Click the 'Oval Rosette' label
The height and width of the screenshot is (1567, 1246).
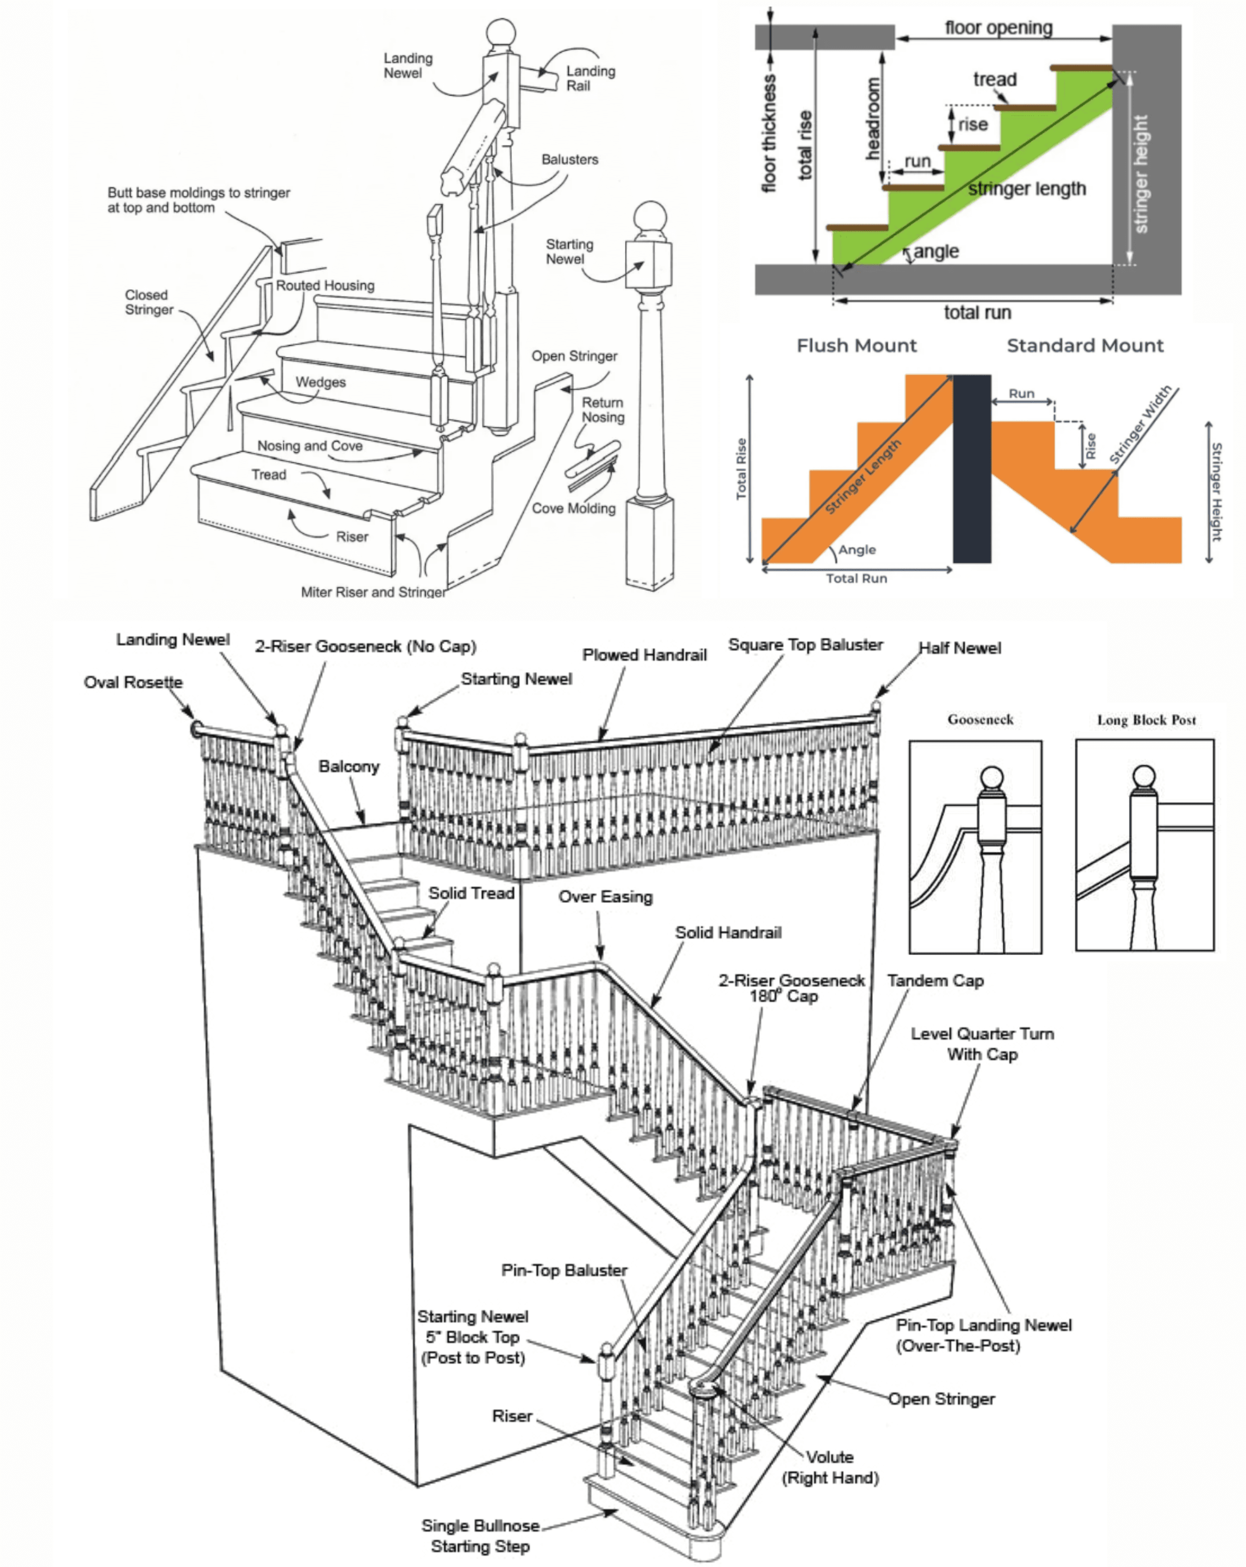133,682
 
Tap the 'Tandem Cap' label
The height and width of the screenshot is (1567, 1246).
935,981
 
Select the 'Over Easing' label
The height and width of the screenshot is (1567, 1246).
605,897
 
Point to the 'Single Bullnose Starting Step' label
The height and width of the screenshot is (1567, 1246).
480,1535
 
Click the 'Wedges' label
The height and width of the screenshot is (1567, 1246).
320,382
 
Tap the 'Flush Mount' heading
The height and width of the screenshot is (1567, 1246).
857,346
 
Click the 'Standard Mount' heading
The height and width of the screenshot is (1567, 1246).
1085,346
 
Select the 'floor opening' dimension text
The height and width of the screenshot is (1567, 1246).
998,28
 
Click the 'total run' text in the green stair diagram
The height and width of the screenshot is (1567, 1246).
977,313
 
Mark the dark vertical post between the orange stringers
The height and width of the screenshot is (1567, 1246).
971,469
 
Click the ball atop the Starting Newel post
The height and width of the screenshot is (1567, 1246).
650,217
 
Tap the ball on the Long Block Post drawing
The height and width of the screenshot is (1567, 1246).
1144,776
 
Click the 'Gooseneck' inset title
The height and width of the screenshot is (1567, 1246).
980,720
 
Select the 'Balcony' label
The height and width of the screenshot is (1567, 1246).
349,766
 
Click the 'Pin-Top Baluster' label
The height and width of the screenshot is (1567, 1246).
564,1270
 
